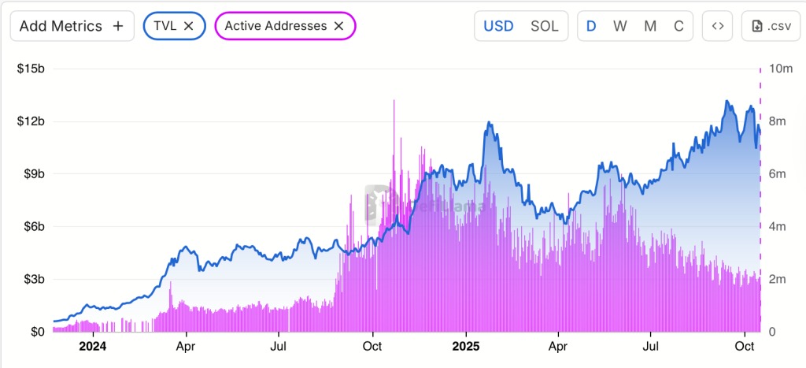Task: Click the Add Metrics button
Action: [72, 26]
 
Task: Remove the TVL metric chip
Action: [189, 26]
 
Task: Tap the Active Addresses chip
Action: [275, 26]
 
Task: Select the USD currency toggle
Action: [498, 26]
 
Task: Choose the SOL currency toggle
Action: [544, 26]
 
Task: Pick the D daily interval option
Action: [591, 26]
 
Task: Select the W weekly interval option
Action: [620, 26]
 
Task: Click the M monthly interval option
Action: [650, 26]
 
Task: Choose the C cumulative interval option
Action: [678, 26]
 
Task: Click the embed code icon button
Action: [717, 26]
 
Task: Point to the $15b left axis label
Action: [31, 69]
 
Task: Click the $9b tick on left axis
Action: [31, 174]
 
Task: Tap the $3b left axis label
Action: [31, 280]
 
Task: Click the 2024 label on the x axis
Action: [92, 346]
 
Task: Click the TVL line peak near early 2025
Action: [489, 123]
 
